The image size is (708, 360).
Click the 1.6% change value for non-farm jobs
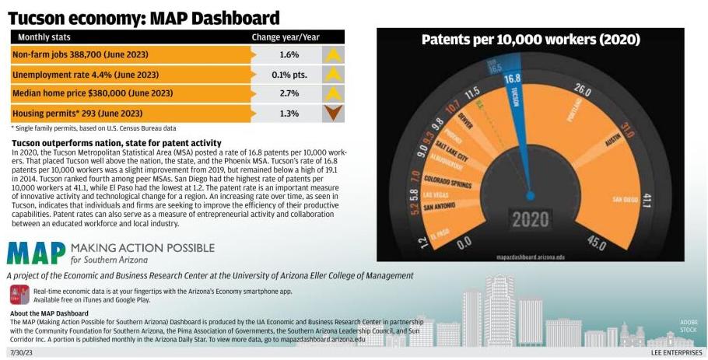click(x=289, y=55)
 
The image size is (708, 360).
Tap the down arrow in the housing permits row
click(x=333, y=113)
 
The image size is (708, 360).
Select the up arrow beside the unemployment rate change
click(x=333, y=75)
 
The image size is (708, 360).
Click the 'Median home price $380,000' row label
click(x=93, y=93)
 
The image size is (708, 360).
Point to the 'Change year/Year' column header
click(x=286, y=37)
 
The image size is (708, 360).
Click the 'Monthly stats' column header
click(x=45, y=37)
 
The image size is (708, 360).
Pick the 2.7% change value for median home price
click(x=289, y=93)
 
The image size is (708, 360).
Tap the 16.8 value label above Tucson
click(x=512, y=79)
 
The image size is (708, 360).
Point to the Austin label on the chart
click(x=614, y=142)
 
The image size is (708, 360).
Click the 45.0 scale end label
click(x=595, y=243)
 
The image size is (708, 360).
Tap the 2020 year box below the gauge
click(x=530, y=219)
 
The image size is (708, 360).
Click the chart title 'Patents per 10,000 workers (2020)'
click(x=530, y=40)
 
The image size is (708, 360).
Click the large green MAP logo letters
click(x=36, y=253)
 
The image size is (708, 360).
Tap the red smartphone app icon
click(x=19, y=294)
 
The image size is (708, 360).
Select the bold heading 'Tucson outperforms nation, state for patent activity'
click(x=117, y=144)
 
